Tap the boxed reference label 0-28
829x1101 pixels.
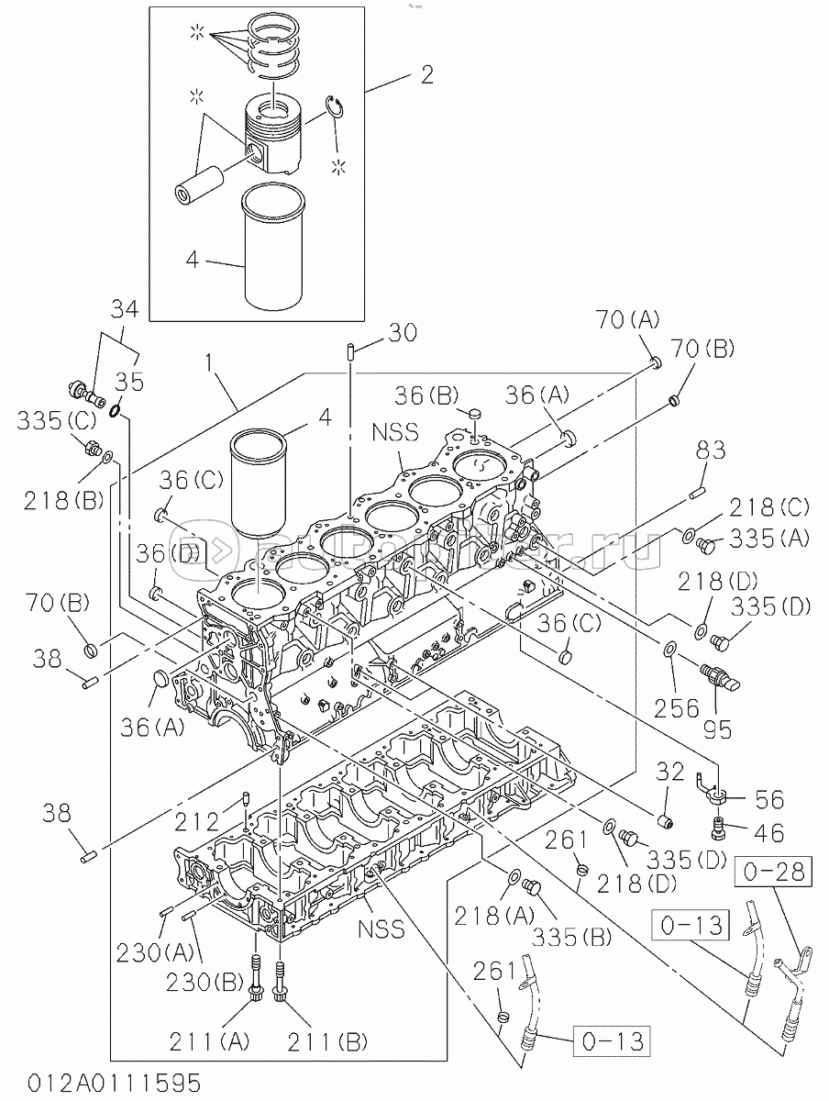pyautogui.click(x=773, y=872)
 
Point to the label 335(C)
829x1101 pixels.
pyautogui.click(x=57, y=420)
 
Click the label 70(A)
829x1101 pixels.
pyautogui.click(x=626, y=319)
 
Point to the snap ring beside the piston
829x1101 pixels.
pyautogui.click(x=337, y=109)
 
